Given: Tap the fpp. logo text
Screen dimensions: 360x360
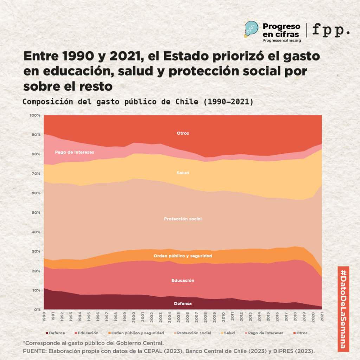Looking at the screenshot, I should coord(331,30).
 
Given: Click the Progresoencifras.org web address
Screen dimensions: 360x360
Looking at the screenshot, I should coord(282,40).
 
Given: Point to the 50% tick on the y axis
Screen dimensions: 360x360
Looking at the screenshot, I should coord(36,212).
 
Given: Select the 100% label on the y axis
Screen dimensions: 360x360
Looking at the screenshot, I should coord(36,115).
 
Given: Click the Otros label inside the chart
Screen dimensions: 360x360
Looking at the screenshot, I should coord(183,133).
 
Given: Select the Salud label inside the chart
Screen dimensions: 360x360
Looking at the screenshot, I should coord(183,173).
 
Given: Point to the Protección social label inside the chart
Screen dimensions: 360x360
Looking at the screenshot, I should coord(183,219).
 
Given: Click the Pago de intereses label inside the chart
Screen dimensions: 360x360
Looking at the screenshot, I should coord(75,152).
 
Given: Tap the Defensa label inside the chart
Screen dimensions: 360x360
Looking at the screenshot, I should coord(183,303).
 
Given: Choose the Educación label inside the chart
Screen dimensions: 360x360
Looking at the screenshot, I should coord(183,281).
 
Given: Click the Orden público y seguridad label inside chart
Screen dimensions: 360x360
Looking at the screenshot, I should coord(183,256).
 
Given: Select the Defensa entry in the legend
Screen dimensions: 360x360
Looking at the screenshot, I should coord(55,333).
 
